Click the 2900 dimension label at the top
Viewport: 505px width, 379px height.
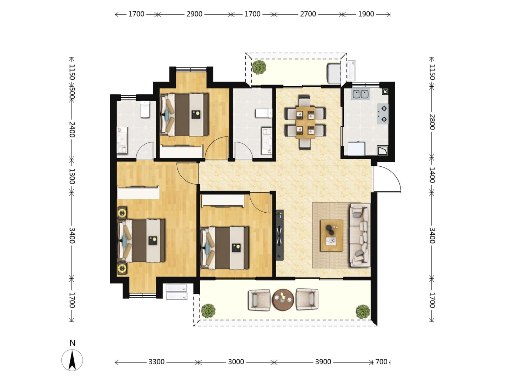[x=194, y=14]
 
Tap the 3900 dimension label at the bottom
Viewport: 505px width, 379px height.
[x=323, y=362]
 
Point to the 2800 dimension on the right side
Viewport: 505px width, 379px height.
[x=432, y=122]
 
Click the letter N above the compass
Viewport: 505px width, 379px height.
[x=72, y=343]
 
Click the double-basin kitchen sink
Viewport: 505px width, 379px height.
[x=361, y=94]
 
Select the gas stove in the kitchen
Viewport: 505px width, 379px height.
[x=383, y=114]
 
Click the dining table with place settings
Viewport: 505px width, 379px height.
[x=305, y=122]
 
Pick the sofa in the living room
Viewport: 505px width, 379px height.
[x=360, y=235]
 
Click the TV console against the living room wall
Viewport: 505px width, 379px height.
[x=280, y=235]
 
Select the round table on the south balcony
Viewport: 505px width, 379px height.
[x=283, y=300]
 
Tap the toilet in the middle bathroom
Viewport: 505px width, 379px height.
[x=264, y=113]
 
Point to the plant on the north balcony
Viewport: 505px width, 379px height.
[x=259, y=67]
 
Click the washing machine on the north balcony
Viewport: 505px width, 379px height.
[x=334, y=74]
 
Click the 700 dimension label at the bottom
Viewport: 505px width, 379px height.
[x=381, y=362]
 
